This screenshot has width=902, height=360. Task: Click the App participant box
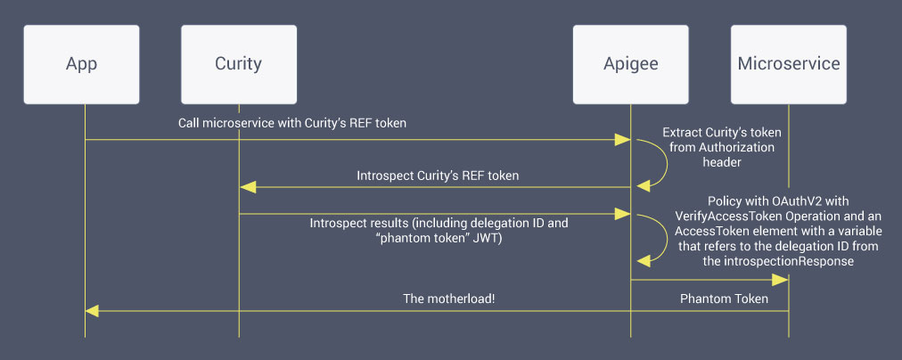tap(81, 63)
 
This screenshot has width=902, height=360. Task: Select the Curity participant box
tap(238, 63)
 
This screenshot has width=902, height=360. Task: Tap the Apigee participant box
tap(630, 63)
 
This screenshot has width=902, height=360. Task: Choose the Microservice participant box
tap(789, 63)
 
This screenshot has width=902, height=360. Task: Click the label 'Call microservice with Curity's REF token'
tap(291, 123)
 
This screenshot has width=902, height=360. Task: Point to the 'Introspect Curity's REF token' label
tap(437, 176)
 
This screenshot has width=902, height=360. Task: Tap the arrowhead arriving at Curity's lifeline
tap(248, 187)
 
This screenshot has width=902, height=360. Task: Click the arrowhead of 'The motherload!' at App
tap(93, 311)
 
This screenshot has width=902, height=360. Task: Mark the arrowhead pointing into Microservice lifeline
tap(780, 281)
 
